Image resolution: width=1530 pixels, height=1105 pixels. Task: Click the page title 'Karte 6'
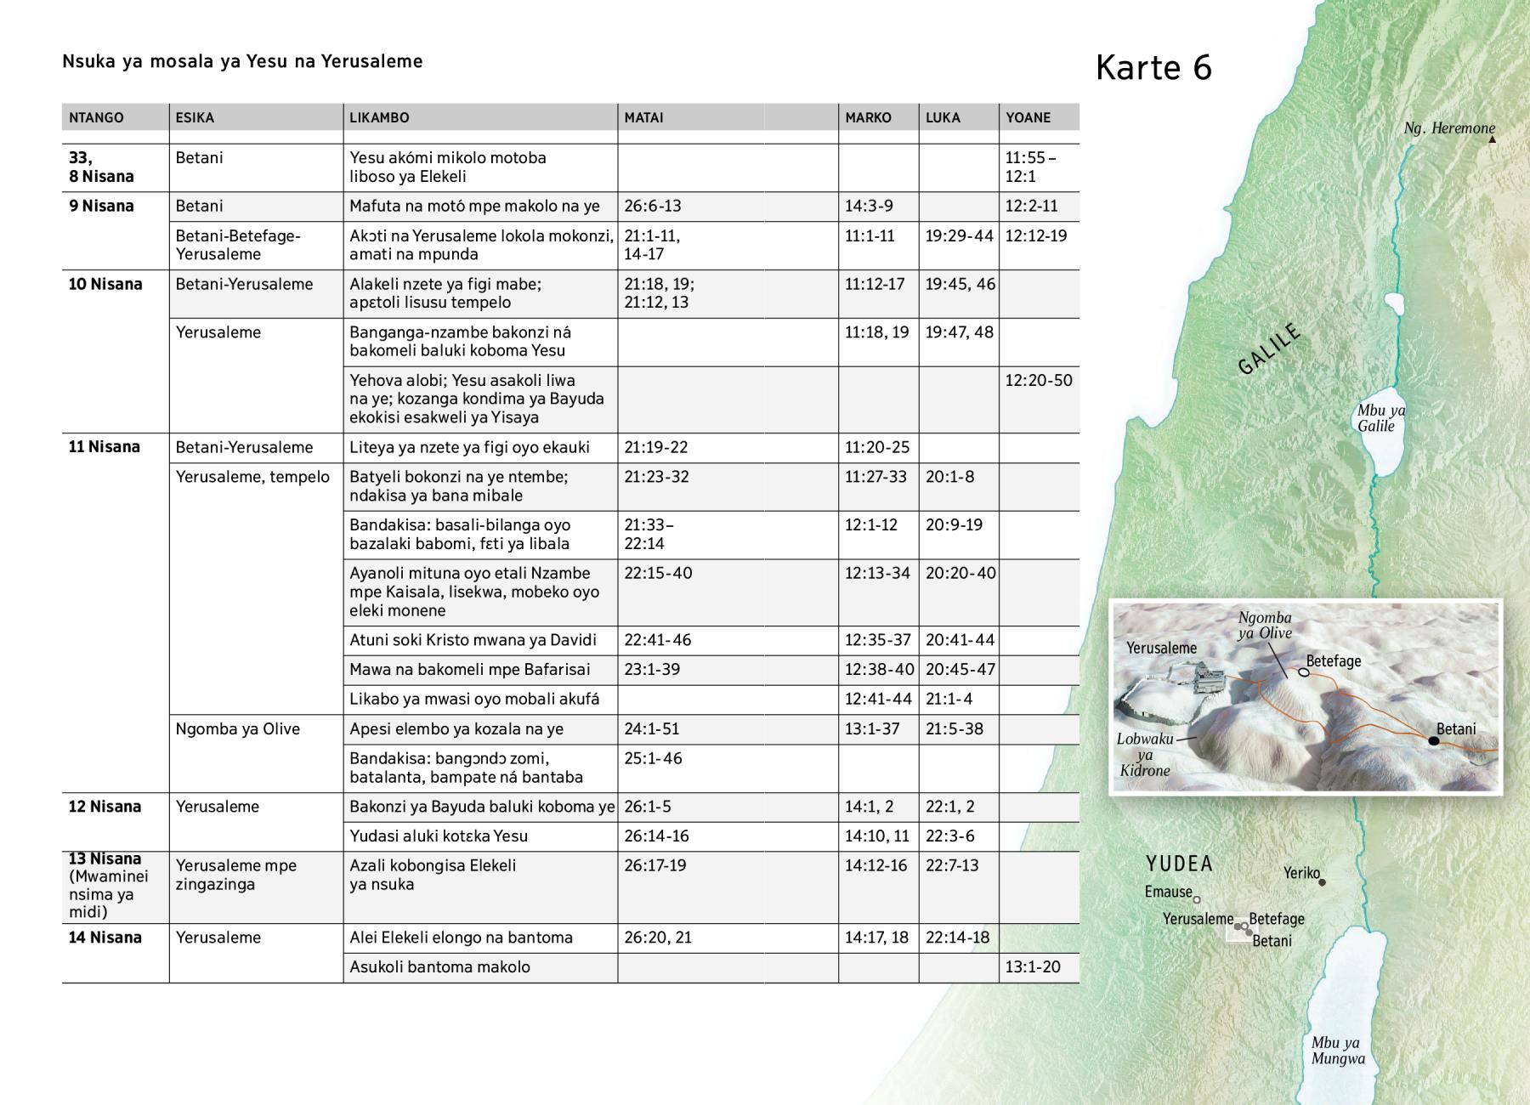[x=1153, y=68]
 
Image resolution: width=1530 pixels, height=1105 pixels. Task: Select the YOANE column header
[x=1028, y=117]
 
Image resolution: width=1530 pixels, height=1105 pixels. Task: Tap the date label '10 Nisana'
[x=105, y=284]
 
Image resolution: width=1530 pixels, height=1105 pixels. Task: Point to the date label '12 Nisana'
[x=105, y=807]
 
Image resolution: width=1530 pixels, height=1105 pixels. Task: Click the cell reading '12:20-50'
[x=1039, y=380]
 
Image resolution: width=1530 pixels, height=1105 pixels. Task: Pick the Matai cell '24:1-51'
[x=652, y=728]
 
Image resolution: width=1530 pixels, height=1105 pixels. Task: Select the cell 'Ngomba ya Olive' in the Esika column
[x=238, y=728]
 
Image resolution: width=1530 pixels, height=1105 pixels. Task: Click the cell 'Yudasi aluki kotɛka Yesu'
[x=439, y=836]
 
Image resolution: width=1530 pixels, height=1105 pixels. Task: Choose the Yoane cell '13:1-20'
[x=1033, y=966]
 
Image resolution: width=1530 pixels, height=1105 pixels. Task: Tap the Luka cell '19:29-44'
[x=959, y=235]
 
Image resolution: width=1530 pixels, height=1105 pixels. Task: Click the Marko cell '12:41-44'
[x=878, y=699]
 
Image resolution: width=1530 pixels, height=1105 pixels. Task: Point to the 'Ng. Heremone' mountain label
[x=1449, y=128]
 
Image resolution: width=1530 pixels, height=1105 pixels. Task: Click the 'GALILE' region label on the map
[x=1269, y=349]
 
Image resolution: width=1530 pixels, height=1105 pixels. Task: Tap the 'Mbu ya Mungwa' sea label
[x=1338, y=1051]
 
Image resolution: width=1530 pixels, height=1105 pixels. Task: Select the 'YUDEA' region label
[x=1179, y=864]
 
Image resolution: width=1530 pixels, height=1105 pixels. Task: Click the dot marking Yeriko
[x=1322, y=882]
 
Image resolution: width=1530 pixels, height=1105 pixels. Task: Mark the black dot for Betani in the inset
[x=1434, y=741]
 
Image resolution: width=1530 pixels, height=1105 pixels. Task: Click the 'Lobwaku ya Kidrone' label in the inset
[x=1144, y=755]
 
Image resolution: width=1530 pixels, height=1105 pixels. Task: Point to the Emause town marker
[x=1197, y=899]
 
